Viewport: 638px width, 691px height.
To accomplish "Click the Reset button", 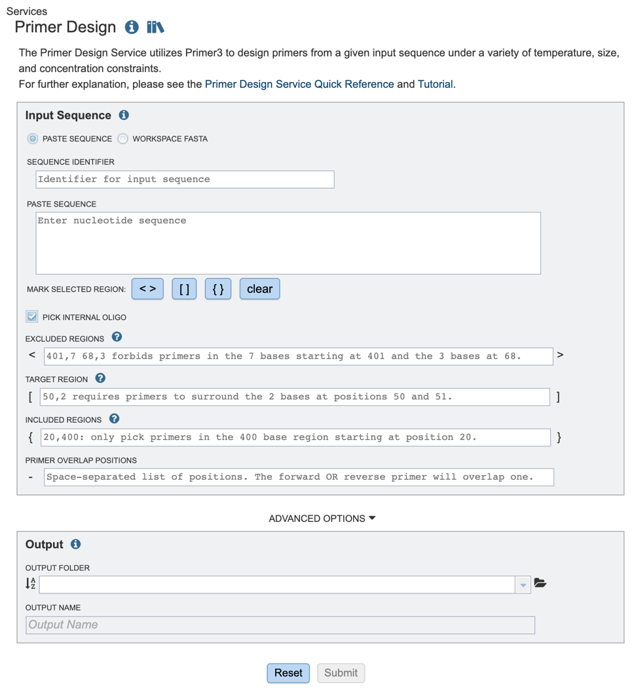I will (x=288, y=673).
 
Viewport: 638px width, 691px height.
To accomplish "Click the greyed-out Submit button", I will (x=341, y=673).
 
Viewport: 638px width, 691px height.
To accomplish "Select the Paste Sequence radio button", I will (x=32, y=138).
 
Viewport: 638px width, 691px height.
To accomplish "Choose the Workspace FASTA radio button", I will (x=122, y=138).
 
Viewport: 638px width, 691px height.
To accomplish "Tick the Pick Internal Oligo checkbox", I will (x=32, y=317).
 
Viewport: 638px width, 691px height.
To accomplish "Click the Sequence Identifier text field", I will (x=185, y=179).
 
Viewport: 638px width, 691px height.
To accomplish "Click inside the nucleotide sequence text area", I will (x=288, y=243).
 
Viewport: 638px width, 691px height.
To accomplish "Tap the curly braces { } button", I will (x=217, y=288).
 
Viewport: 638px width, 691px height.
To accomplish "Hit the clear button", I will (x=259, y=288).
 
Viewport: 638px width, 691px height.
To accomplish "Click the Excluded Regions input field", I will (x=298, y=356).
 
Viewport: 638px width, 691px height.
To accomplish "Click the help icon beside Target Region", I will (x=100, y=378).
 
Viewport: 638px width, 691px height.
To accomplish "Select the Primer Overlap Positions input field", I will (x=299, y=477).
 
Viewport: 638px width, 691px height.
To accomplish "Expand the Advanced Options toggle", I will (x=322, y=518).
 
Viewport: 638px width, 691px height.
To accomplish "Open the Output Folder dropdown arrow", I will (x=523, y=585).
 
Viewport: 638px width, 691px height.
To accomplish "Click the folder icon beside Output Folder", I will (x=540, y=583).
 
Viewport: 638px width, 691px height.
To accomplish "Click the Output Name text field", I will (x=280, y=625).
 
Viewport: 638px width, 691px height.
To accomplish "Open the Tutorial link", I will (x=435, y=84).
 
